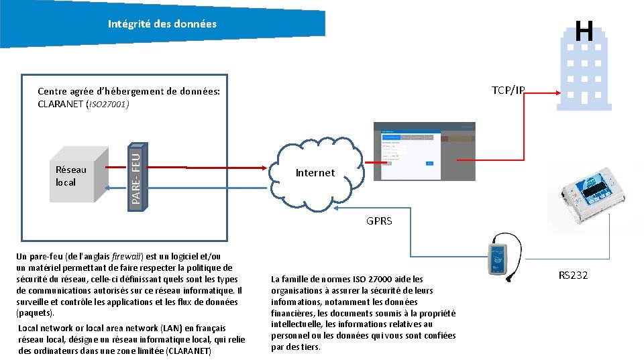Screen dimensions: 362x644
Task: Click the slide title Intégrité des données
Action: tap(162, 24)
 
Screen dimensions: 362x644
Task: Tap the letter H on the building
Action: tap(584, 31)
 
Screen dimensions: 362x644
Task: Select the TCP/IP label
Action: tap(508, 90)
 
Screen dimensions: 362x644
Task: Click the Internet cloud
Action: tap(315, 172)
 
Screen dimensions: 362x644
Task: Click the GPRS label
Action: tap(379, 221)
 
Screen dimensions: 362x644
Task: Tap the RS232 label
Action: tap(573, 275)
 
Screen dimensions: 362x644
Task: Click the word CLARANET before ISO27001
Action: tap(60, 104)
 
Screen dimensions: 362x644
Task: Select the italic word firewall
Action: tap(127, 256)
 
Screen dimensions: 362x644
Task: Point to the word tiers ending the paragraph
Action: tap(310, 347)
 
